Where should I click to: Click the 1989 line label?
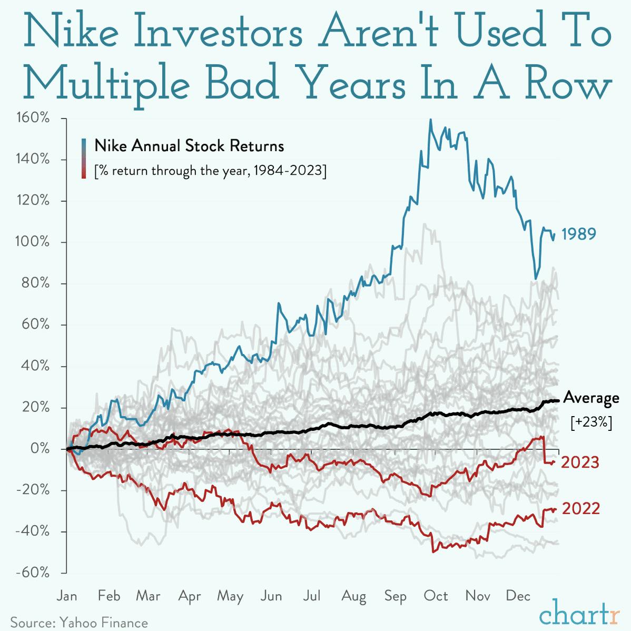point(579,234)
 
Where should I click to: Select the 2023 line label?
point(580,462)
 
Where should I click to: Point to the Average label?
point(591,398)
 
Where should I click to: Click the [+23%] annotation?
point(591,423)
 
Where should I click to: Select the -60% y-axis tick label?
point(34,573)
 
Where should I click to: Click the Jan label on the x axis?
point(66,596)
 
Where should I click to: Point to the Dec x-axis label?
point(518,596)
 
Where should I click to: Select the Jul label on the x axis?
point(312,596)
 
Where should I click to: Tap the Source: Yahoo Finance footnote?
point(79,623)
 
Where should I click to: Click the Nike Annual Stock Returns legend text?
point(189,146)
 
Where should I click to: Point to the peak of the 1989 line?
point(430,120)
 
